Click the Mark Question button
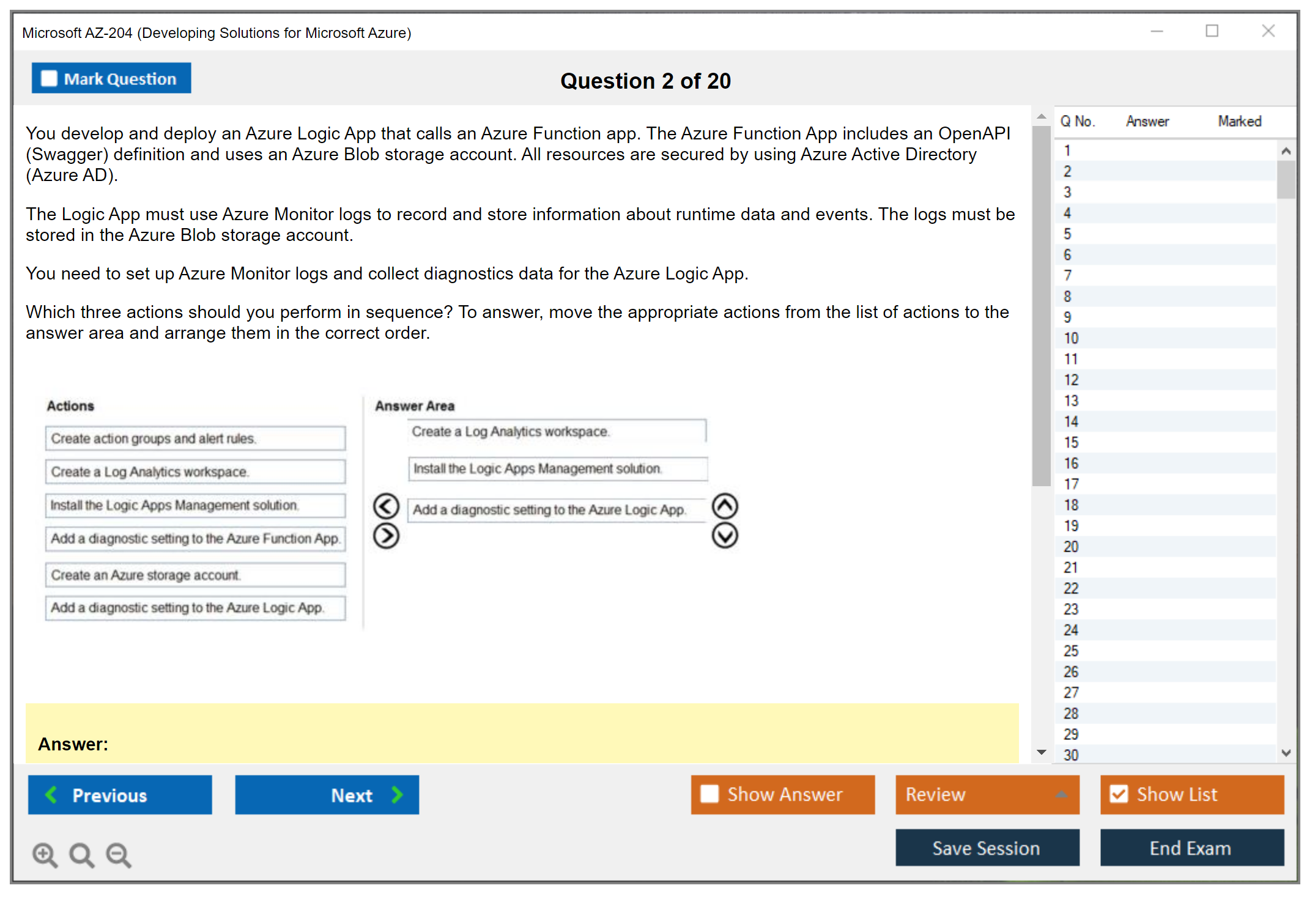point(111,78)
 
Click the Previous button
point(120,795)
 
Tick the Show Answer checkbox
point(709,794)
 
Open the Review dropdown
point(987,794)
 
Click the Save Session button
point(987,848)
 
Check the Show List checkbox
point(1119,794)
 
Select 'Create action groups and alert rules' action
point(195,438)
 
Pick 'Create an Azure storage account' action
point(195,575)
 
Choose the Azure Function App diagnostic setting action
point(195,539)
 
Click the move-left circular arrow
point(386,506)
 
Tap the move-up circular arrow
point(725,506)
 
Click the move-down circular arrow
point(725,536)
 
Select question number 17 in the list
point(1071,484)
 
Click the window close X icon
point(1268,31)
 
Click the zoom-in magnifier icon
point(45,854)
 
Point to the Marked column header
point(1239,122)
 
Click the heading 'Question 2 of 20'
point(645,81)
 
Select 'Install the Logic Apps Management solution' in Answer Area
point(557,469)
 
